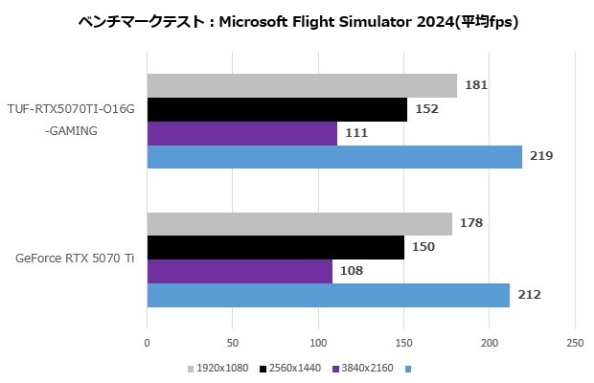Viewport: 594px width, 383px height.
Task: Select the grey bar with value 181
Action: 302,85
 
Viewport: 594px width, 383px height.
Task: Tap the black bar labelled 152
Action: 277,109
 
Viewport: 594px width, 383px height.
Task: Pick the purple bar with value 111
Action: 241,133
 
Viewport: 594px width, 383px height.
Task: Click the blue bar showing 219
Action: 334,156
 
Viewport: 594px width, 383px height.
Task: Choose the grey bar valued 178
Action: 300,224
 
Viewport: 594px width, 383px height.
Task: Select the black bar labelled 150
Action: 276,247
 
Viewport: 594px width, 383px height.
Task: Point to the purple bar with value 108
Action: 240,271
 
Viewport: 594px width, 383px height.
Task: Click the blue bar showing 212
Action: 329,295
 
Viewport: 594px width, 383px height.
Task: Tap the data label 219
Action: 541,156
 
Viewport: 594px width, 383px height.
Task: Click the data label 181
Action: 476,85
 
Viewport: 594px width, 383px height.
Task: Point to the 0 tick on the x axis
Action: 147,342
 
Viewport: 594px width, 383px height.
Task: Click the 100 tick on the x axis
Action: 318,342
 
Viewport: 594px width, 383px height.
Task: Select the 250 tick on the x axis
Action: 575,342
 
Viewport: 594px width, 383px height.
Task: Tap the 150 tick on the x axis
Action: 403,342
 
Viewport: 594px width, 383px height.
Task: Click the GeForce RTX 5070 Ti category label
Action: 75,259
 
